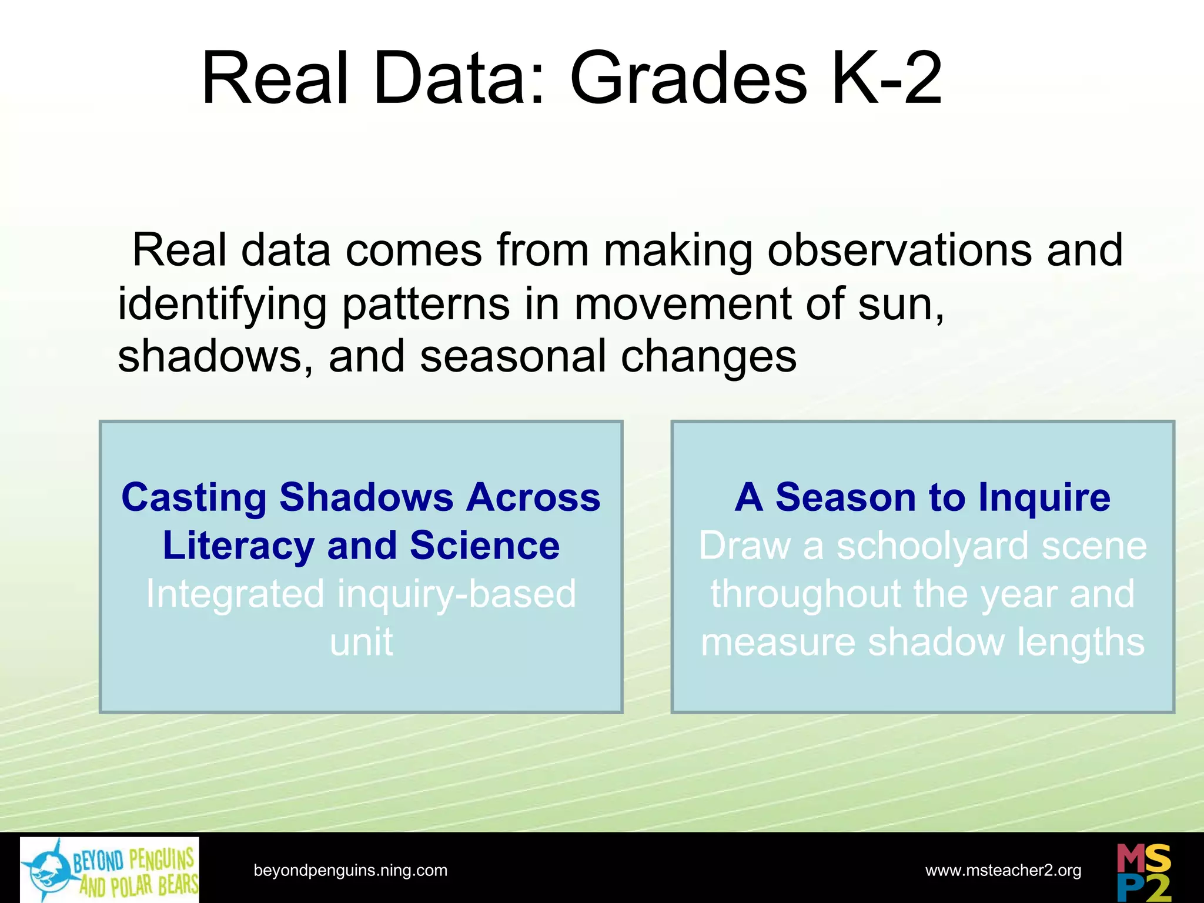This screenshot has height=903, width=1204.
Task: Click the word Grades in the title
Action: (x=688, y=79)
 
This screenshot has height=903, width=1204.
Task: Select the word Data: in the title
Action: (x=459, y=79)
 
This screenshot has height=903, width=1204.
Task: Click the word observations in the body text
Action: (x=899, y=250)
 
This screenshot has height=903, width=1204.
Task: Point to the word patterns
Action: (x=426, y=304)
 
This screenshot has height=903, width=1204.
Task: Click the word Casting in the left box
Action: (x=194, y=498)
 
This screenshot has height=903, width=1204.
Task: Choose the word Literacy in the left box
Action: (x=238, y=546)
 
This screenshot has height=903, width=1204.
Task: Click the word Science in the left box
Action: (x=484, y=546)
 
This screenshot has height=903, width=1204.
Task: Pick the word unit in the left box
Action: (x=361, y=642)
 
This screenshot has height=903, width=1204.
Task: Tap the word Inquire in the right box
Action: (x=1044, y=498)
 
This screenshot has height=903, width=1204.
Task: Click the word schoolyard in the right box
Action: (x=932, y=546)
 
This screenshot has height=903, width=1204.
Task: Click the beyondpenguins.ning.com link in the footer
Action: (x=350, y=870)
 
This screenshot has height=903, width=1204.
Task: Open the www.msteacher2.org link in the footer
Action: (x=1003, y=870)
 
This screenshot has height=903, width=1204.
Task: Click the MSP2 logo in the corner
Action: (x=1143, y=871)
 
